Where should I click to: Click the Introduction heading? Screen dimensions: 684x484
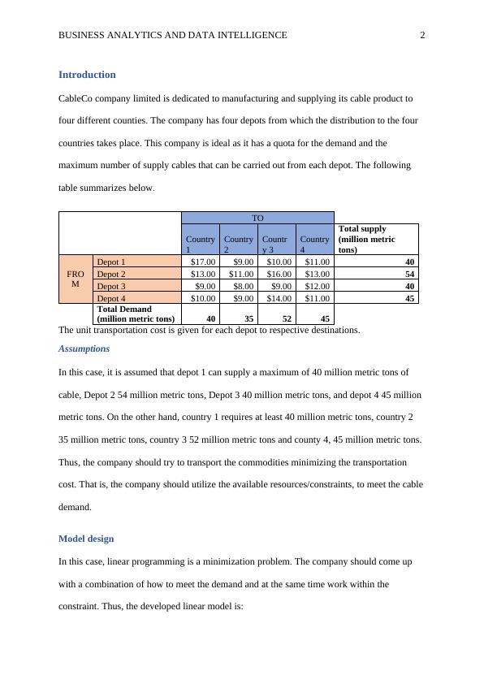(x=87, y=75)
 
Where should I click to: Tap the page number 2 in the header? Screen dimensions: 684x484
(x=422, y=35)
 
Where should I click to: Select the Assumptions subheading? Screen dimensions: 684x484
(x=84, y=348)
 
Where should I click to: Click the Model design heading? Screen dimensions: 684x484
(x=86, y=539)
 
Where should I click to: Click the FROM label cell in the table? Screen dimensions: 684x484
(x=76, y=279)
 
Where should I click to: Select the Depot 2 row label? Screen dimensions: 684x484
(x=112, y=274)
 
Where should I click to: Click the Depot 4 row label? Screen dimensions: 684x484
(x=112, y=298)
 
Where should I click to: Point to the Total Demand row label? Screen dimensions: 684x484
(x=135, y=314)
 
